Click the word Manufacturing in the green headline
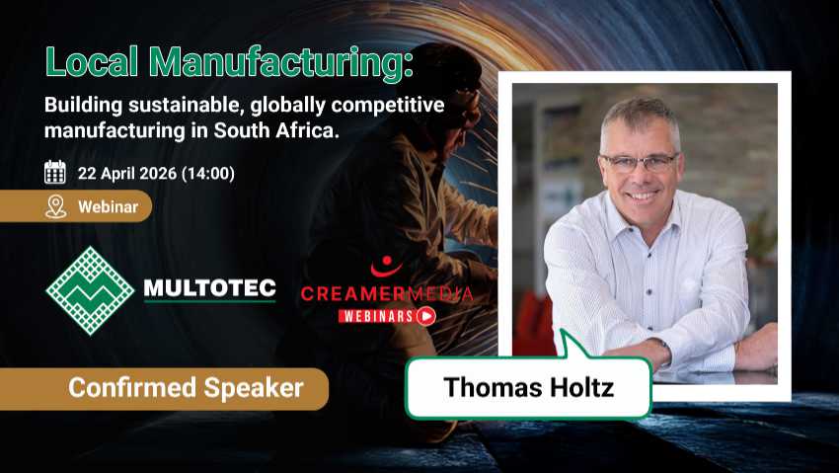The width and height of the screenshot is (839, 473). pyautogui.click(x=280, y=63)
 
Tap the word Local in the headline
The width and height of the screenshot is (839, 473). pyautogui.click(x=92, y=61)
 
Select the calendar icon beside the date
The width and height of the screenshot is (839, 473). pyautogui.click(x=55, y=172)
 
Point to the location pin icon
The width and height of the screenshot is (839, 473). pyautogui.click(x=55, y=206)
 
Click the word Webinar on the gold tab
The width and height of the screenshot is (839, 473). pyautogui.click(x=109, y=206)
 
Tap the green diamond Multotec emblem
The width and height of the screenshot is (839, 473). pyautogui.click(x=90, y=290)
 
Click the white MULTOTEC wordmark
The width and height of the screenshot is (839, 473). pyautogui.click(x=209, y=288)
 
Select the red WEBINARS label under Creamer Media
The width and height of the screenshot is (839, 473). pyautogui.click(x=376, y=316)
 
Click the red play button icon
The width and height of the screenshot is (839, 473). pyautogui.click(x=426, y=316)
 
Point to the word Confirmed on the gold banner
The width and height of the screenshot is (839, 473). pyautogui.click(x=132, y=387)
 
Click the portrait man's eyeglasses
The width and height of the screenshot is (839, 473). pyautogui.click(x=640, y=162)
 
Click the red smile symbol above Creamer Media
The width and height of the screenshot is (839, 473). pyautogui.click(x=386, y=266)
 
